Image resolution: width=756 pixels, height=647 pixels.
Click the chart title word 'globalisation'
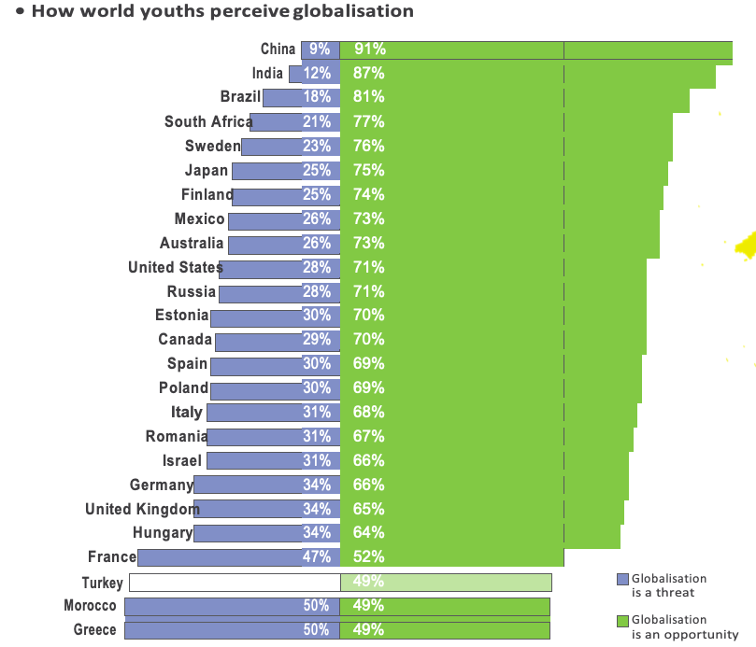coord(352,12)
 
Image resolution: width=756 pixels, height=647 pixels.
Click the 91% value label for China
coord(370,49)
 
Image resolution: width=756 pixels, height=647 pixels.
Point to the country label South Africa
coord(207,121)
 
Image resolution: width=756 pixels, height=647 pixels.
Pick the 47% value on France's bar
coord(317,557)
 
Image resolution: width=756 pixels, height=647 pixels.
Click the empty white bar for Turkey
coord(234,583)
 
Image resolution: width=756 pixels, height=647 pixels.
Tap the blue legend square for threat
coord(622,580)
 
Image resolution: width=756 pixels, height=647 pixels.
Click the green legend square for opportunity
coord(622,621)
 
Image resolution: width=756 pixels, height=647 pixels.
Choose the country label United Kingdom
coord(142,509)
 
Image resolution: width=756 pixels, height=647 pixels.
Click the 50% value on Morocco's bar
coord(317,606)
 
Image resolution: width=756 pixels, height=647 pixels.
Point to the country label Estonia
coord(181,316)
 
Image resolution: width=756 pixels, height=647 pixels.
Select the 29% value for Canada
coord(317,340)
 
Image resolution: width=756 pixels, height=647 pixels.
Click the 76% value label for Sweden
coord(369,146)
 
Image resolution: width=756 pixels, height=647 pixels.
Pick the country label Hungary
coord(163,533)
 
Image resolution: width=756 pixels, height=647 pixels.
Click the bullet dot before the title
coord(20,12)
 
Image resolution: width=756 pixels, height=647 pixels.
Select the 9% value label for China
coord(320,49)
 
